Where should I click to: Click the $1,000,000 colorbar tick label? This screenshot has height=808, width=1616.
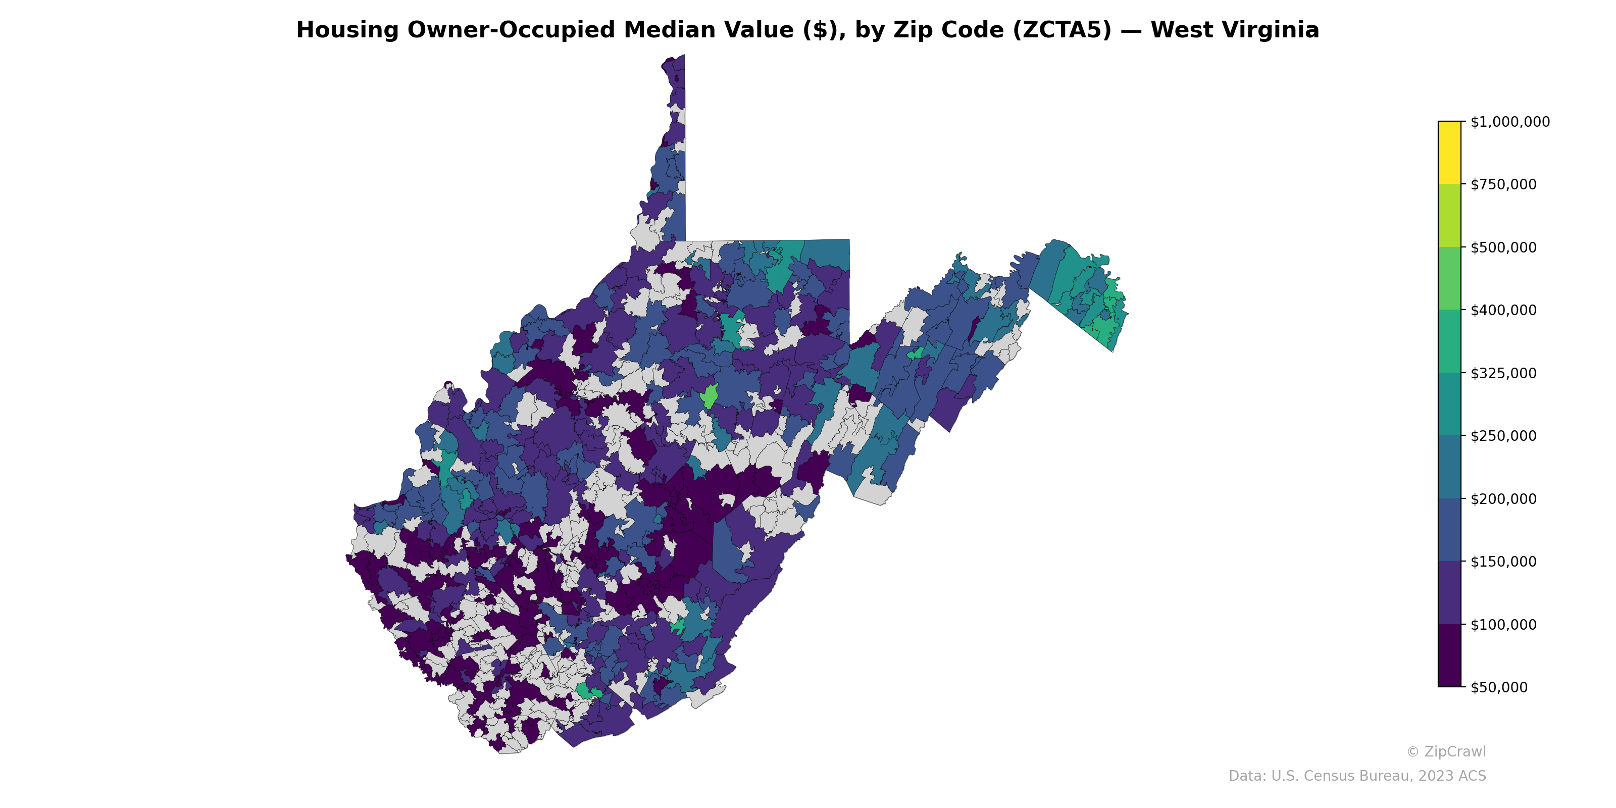point(1509,122)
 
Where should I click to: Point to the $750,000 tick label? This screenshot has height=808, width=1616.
point(1503,184)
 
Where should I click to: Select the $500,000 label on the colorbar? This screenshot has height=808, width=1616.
point(1503,247)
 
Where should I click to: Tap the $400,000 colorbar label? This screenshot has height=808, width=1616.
point(1503,310)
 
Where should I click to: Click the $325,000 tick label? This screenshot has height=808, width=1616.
point(1503,373)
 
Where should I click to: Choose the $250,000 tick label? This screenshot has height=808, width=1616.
point(1503,436)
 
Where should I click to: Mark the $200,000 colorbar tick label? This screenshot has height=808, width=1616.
point(1503,499)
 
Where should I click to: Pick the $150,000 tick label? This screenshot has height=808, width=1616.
point(1503,562)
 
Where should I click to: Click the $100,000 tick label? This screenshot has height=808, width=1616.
point(1503,624)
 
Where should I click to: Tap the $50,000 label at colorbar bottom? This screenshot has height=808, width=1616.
point(1499,687)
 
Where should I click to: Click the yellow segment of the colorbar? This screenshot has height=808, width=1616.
point(1449,153)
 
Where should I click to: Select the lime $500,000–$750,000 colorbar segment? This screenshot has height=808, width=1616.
point(1449,215)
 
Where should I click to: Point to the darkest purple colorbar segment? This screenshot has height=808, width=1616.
point(1449,655)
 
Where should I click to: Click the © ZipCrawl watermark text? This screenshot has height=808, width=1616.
point(1445,751)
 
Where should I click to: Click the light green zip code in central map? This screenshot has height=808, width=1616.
point(710,396)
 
